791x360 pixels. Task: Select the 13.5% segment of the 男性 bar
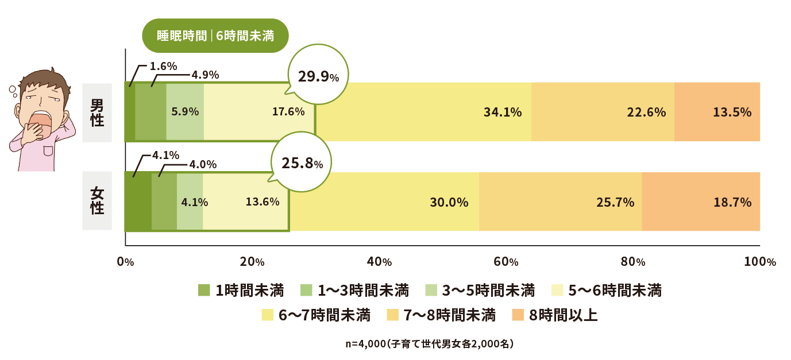coord(717,112)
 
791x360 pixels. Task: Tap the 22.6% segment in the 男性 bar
coord(603,112)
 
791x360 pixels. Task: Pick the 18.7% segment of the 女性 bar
coord(700,202)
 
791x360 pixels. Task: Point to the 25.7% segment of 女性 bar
coord(560,202)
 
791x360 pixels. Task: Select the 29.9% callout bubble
coord(318,78)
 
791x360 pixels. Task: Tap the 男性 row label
coord(97,112)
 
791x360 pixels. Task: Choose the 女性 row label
coord(97,201)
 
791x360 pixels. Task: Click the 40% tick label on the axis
coord(379,262)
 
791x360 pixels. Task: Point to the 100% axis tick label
coord(759,262)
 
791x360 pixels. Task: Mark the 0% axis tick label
coord(125,262)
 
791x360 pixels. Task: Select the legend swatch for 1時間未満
coord(204,291)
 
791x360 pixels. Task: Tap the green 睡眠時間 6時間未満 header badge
coord(215,36)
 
